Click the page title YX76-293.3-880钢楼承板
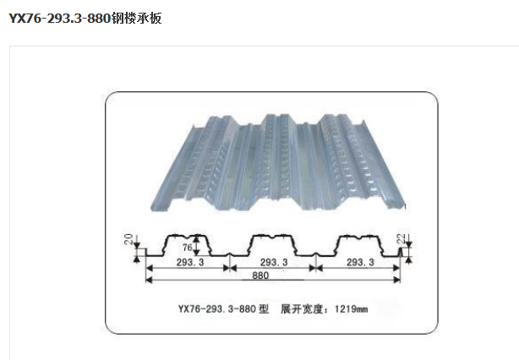pos(85,17)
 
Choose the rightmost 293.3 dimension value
pos(359,263)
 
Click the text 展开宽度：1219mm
pos(325,308)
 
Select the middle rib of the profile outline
pos(273,240)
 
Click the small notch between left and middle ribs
pos(230,254)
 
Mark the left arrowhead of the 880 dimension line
pos(150,277)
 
